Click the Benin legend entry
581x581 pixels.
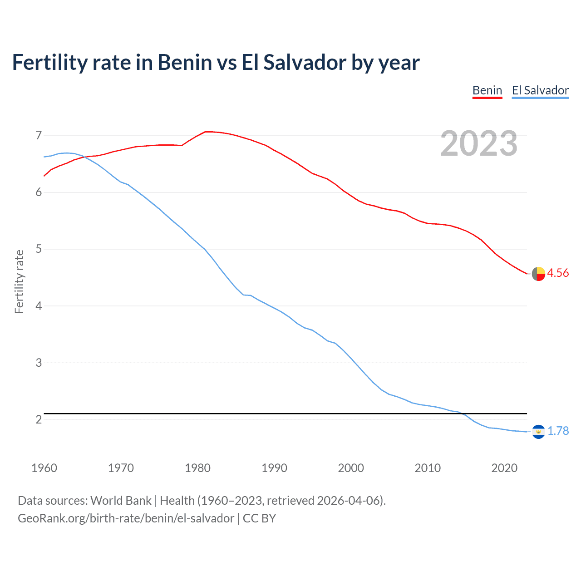(487, 90)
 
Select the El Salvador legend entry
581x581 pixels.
(540, 90)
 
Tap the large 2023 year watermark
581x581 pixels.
(479, 143)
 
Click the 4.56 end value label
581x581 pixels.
(557, 273)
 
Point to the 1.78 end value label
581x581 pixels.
(558, 431)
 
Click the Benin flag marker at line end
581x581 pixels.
(538, 274)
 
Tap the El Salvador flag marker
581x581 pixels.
(538, 432)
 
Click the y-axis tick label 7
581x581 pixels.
(39, 135)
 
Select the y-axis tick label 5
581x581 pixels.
(39, 249)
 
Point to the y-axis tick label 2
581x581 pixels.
(39, 419)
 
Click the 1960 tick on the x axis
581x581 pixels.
(44, 468)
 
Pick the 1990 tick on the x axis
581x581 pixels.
(274, 468)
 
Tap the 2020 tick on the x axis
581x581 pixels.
(504, 468)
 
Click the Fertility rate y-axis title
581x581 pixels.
(19, 281)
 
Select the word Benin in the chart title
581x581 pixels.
(184, 63)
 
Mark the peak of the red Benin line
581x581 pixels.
(207, 132)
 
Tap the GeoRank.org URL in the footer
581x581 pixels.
(126, 518)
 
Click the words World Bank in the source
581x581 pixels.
(121, 501)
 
